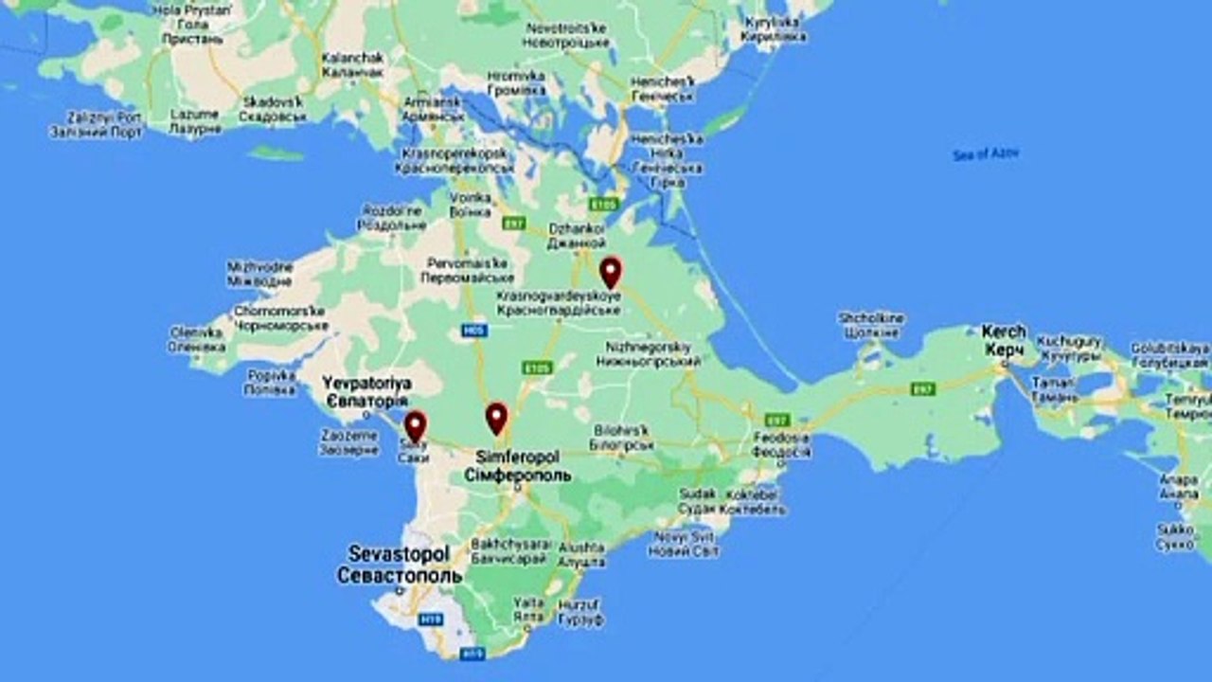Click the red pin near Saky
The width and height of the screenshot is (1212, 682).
(x=415, y=425)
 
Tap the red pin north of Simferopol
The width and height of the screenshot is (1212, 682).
(x=496, y=418)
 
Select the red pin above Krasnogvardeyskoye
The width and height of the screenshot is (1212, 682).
(x=611, y=272)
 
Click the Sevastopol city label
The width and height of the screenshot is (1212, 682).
(x=399, y=564)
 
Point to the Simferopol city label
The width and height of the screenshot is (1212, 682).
(x=518, y=465)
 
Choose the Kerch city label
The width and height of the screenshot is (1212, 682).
(x=1003, y=341)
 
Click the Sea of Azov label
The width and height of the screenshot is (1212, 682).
(x=986, y=153)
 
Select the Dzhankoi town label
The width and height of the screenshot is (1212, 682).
(x=576, y=236)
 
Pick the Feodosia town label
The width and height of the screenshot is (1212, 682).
(x=781, y=445)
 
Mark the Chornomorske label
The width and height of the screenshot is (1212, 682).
(x=281, y=318)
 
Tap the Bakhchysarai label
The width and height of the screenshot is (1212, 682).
(x=509, y=552)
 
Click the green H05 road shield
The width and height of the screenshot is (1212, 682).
(x=473, y=330)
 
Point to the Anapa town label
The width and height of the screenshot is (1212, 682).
(x=1178, y=486)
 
